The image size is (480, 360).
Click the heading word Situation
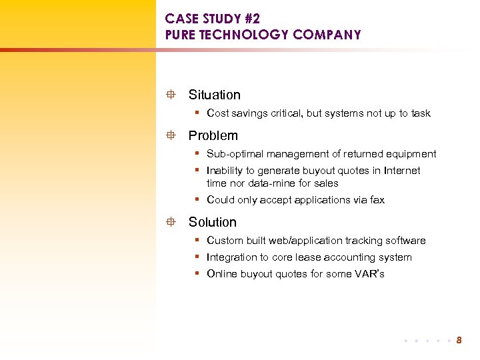(x=214, y=95)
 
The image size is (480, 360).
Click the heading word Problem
(x=213, y=136)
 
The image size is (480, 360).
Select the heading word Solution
(x=212, y=223)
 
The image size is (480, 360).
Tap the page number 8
(x=459, y=340)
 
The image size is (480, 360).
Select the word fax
(x=377, y=200)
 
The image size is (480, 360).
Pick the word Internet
(x=402, y=171)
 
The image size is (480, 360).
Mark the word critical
(x=287, y=113)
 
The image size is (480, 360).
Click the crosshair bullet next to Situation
(x=171, y=95)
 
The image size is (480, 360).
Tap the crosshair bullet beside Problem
(x=171, y=135)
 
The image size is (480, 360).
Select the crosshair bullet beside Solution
(x=171, y=222)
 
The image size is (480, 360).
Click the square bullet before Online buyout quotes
(x=198, y=273)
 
